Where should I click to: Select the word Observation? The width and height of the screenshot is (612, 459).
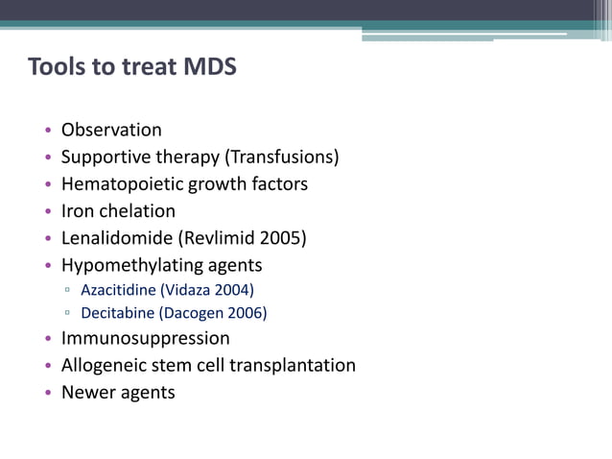111,130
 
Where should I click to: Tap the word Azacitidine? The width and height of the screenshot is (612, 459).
120,289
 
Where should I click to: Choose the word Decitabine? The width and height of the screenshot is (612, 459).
119,313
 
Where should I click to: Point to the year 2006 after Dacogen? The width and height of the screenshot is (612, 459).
247,313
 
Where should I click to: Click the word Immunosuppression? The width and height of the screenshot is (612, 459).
146,338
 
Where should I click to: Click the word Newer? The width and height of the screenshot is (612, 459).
87,392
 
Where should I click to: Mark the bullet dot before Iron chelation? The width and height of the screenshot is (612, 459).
49,211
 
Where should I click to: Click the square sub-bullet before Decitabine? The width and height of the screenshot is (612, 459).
68,313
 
